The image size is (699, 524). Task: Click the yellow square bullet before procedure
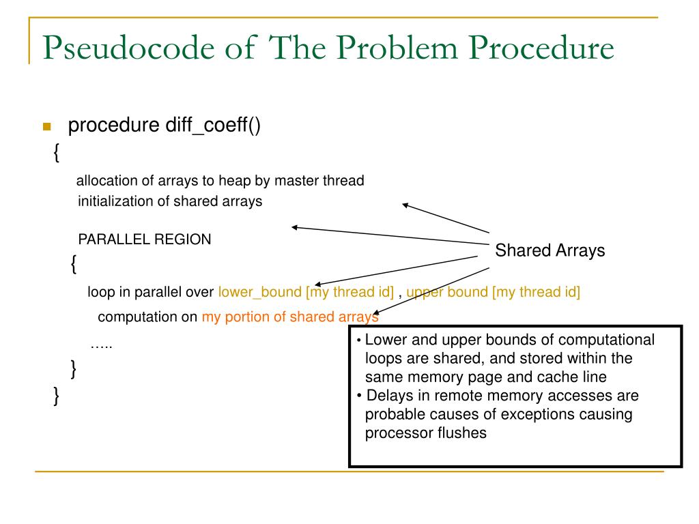coord(47,127)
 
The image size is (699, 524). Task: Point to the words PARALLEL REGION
coord(145,239)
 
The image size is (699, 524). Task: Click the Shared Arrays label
coord(550,250)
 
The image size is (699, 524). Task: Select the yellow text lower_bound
coord(259,293)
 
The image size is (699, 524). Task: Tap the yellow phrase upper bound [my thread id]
coord(493,293)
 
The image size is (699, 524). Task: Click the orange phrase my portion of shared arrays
coord(289,317)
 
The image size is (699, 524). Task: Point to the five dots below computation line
coord(102,345)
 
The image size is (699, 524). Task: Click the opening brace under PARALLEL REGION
coord(74,264)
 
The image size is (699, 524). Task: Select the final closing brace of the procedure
coord(57,395)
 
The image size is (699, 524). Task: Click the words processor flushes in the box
coord(426,433)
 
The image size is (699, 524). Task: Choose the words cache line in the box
coord(574,377)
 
